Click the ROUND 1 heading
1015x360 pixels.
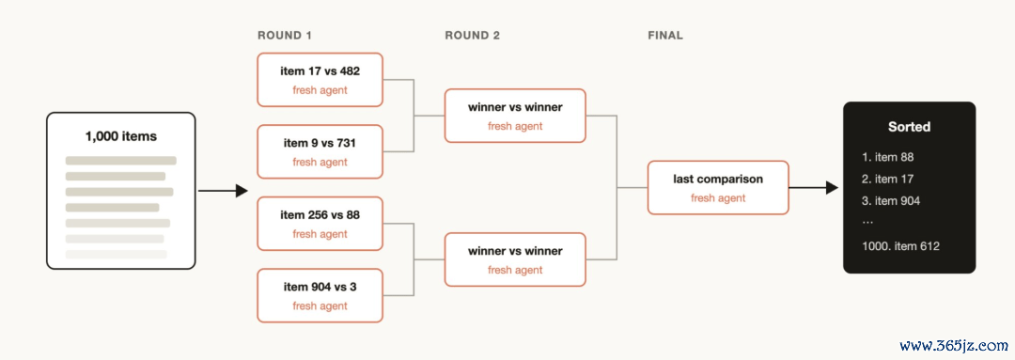[285, 36]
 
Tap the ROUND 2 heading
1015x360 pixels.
[473, 36]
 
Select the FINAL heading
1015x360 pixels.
[665, 36]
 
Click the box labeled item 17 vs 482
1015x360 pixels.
[320, 80]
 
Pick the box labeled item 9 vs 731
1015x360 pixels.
[320, 151]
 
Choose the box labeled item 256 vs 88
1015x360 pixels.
[320, 224]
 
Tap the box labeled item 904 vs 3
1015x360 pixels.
[320, 295]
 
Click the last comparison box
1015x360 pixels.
[718, 188]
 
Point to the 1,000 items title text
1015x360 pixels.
[121, 136]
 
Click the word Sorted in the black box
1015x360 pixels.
[909, 127]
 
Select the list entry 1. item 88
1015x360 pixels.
[887, 157]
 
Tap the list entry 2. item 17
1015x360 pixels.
[887, 179]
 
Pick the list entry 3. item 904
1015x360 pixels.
[891, 201]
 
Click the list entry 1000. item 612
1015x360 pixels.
[900, 246]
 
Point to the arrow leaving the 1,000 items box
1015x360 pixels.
[224, 191]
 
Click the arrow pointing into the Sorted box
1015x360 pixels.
[814, 188]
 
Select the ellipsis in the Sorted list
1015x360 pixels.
[867, 222]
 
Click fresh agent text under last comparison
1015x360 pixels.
[718, 198]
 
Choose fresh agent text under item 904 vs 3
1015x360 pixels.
[320, 305]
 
